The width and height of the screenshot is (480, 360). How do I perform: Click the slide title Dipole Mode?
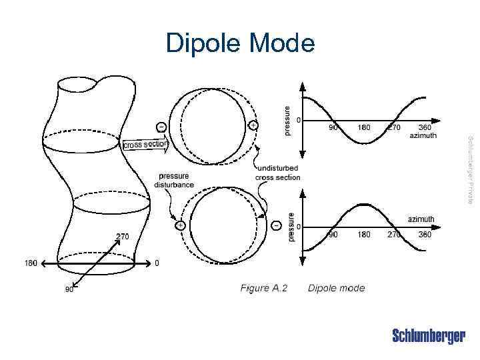pos(240,43)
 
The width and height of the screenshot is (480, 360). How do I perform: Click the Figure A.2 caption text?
pos(264,288)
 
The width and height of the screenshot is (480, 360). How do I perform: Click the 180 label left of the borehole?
pos(31,263)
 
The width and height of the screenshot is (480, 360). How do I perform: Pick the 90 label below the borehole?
pos(69,289)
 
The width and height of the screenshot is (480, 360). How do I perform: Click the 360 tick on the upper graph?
pos(425,127)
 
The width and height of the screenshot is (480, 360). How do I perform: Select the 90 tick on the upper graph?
pos(331,127)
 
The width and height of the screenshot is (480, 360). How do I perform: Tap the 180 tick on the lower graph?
pos(363,235)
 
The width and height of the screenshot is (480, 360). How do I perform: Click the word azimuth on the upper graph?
pos(423,135)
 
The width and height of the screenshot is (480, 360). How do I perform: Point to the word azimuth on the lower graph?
pos(421,219)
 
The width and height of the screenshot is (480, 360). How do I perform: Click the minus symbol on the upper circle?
pos(161,125)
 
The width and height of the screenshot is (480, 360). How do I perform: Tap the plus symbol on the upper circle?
pos(253,125)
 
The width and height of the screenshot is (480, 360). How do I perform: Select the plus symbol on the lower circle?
pos(180,225)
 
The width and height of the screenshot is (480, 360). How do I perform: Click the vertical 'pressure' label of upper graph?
pos(288,120)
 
